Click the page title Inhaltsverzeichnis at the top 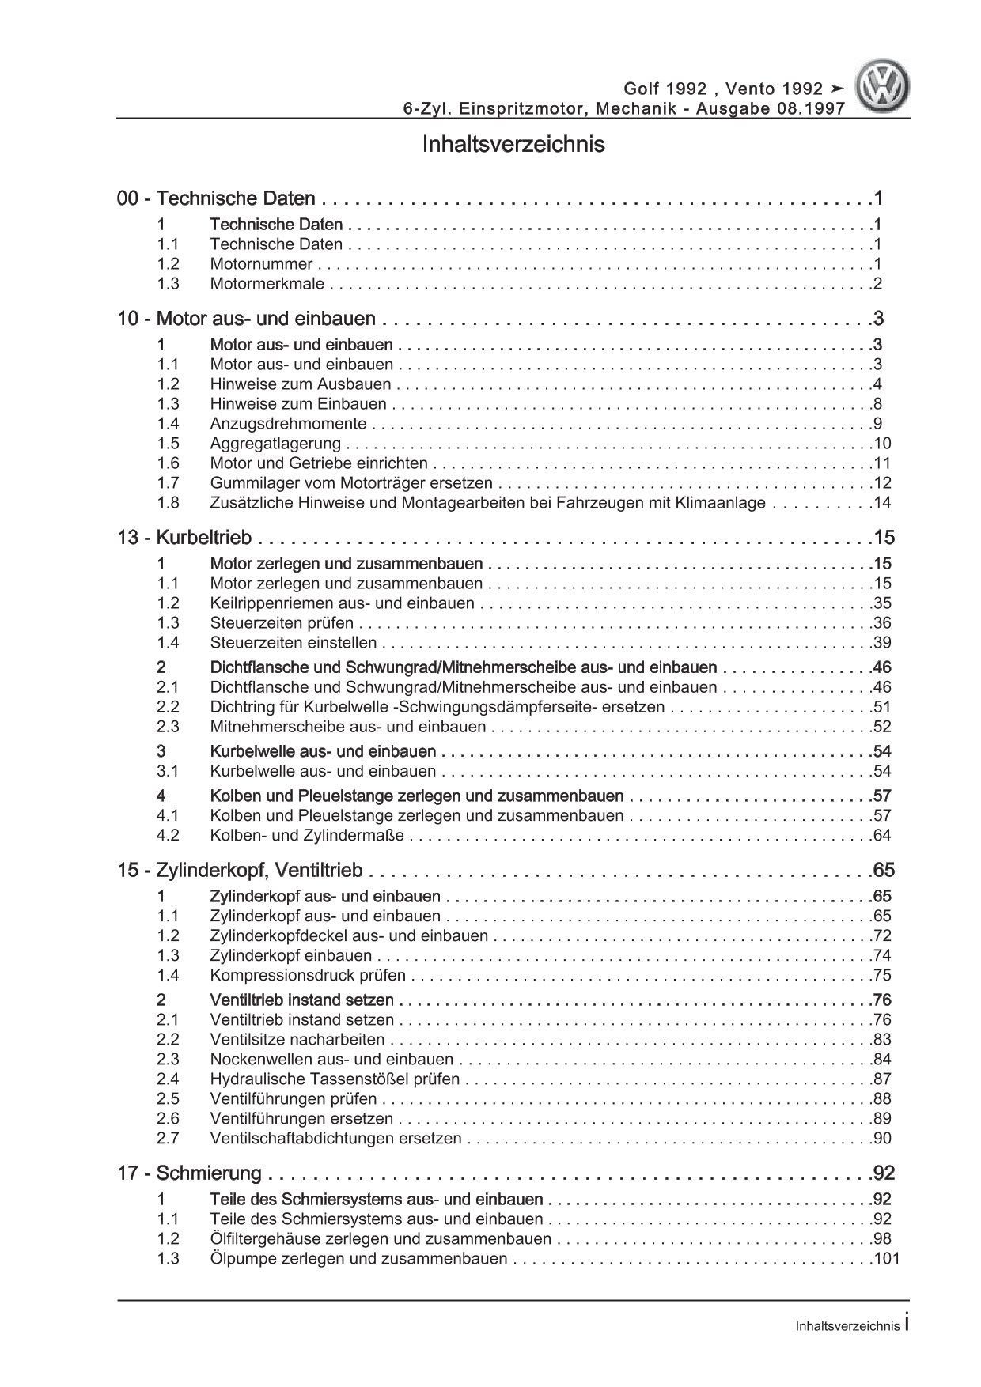point(513,145)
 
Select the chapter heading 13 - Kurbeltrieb point(184,538)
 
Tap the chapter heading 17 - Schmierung point(190,1173)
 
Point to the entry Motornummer point(261,264)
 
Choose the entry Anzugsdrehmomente point(288,424)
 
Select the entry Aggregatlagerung point(275,444)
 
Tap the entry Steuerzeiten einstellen point(294,643)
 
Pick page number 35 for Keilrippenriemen point(882,603)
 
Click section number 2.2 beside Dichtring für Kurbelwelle point(168,707)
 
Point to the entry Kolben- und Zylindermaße point(307,835)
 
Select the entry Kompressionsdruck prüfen point(308,975)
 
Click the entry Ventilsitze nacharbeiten point(297,1039)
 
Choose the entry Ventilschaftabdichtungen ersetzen point(335,1138)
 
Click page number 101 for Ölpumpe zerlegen point(886,1258)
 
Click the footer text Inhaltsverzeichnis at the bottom point(847,1326)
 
